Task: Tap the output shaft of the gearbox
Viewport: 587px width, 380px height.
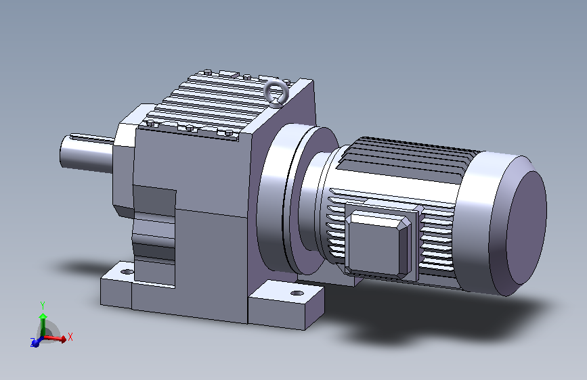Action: point(87,154)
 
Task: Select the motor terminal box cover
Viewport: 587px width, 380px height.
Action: point(377,244)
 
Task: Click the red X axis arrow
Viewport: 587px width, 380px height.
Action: point(55,339)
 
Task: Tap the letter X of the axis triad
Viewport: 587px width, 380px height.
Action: point(70,337)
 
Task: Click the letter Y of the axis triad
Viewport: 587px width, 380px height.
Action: point(43,306)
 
